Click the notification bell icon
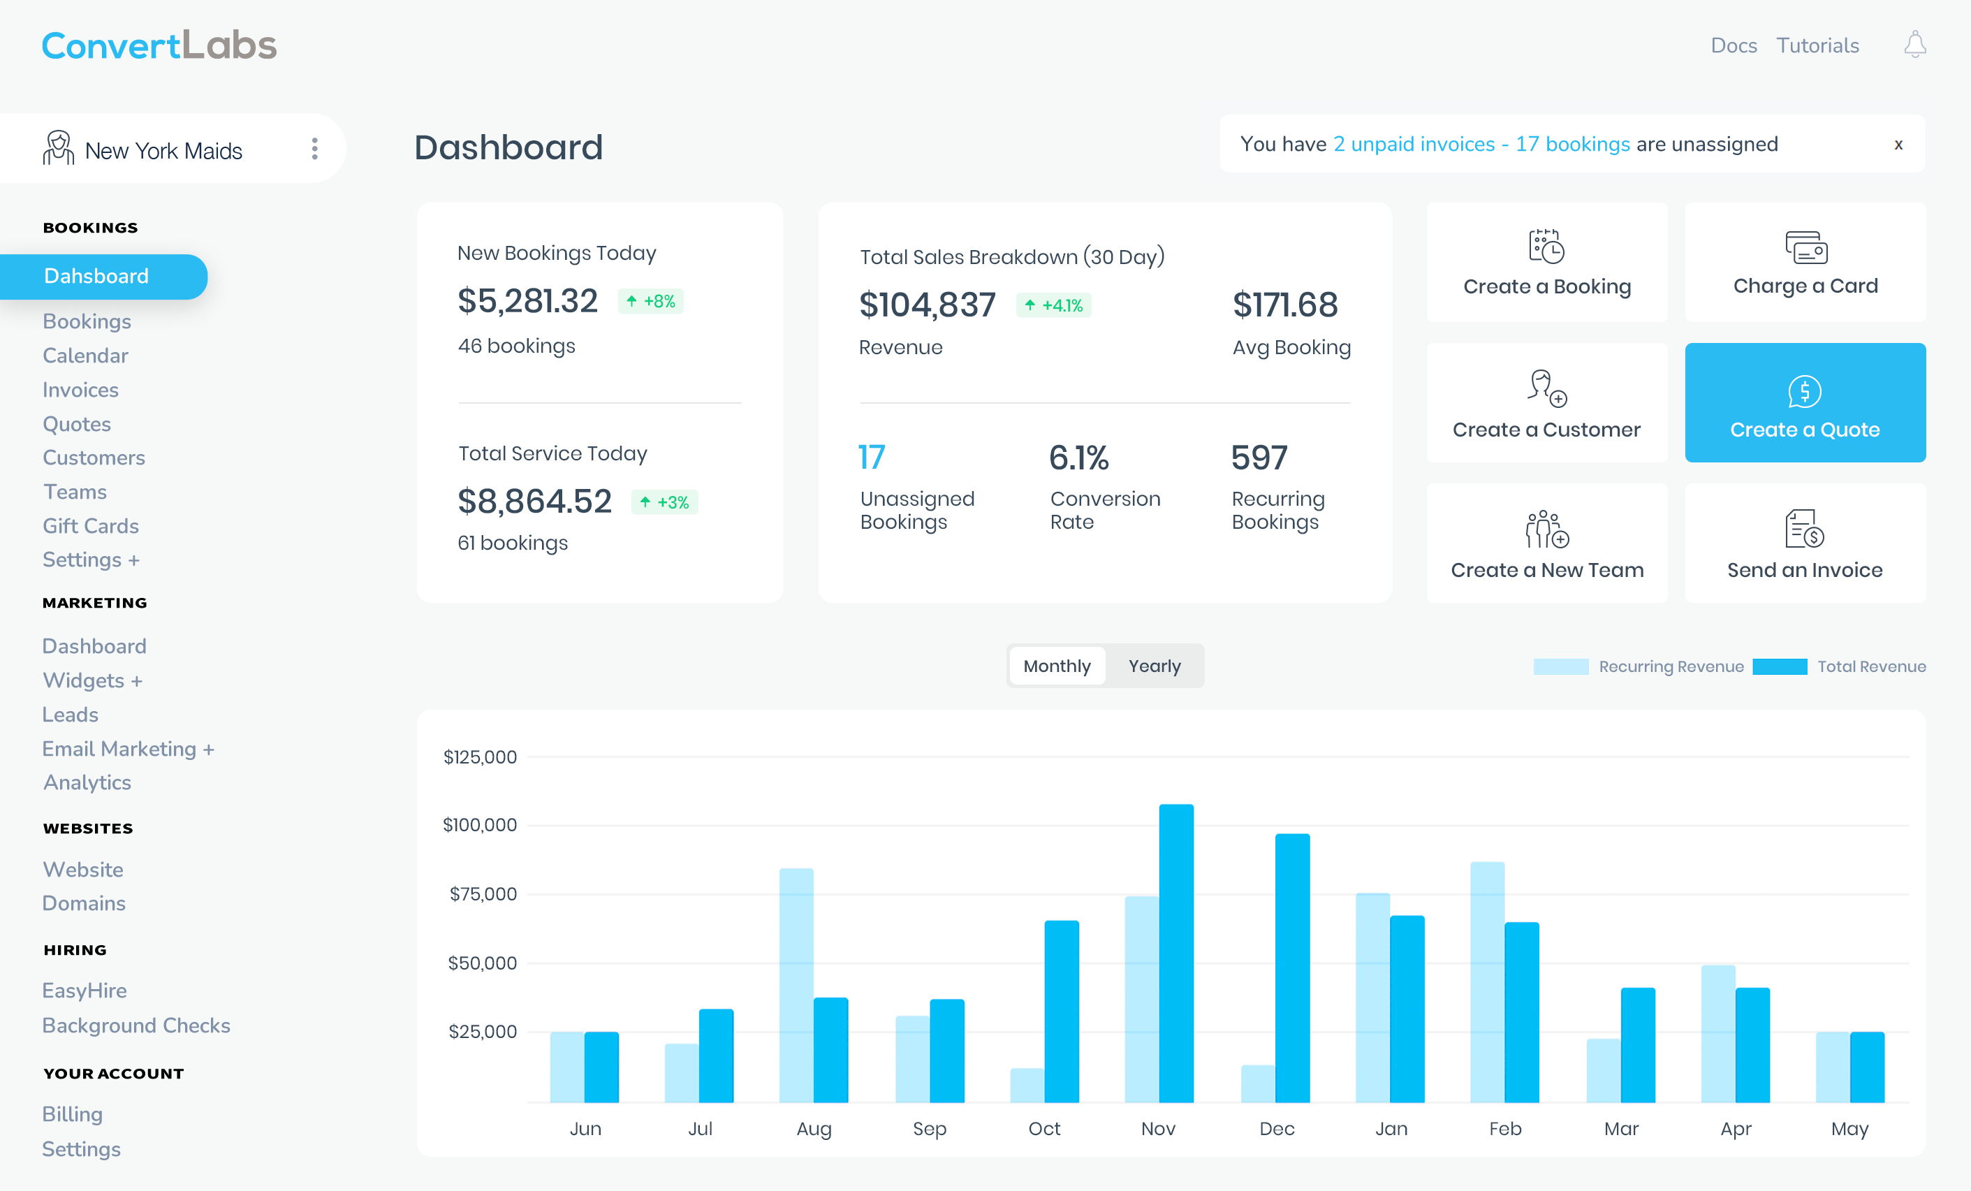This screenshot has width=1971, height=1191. click(1914, 45)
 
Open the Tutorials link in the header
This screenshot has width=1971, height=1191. click(1817, 45)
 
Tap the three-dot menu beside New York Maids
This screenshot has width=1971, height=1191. click(314, 149)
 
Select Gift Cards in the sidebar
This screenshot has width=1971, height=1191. click(90, 525)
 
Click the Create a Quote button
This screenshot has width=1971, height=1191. click(1805, 403)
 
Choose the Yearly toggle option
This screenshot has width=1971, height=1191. click(1154, 666)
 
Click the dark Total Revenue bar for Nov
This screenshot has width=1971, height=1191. click(1176, 952)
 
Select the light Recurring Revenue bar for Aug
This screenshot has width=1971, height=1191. click(796, 984)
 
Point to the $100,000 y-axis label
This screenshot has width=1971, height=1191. click(480, 825)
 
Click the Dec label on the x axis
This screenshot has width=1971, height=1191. click(1276, 1128)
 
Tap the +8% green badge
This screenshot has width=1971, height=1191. click(650, 302)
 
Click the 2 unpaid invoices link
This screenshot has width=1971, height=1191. click(1413, 144)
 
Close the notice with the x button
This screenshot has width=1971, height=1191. click(1898, 145)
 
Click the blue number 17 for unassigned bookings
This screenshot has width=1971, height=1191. click(871, 458)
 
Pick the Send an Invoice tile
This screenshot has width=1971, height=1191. click(1805, 544)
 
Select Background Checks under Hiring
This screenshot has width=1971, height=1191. click(136, 1025)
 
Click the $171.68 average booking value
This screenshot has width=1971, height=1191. click(1284, 305)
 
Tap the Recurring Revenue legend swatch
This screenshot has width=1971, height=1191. click(1560, 666)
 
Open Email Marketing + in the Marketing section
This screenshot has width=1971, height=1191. click(128, 749)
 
